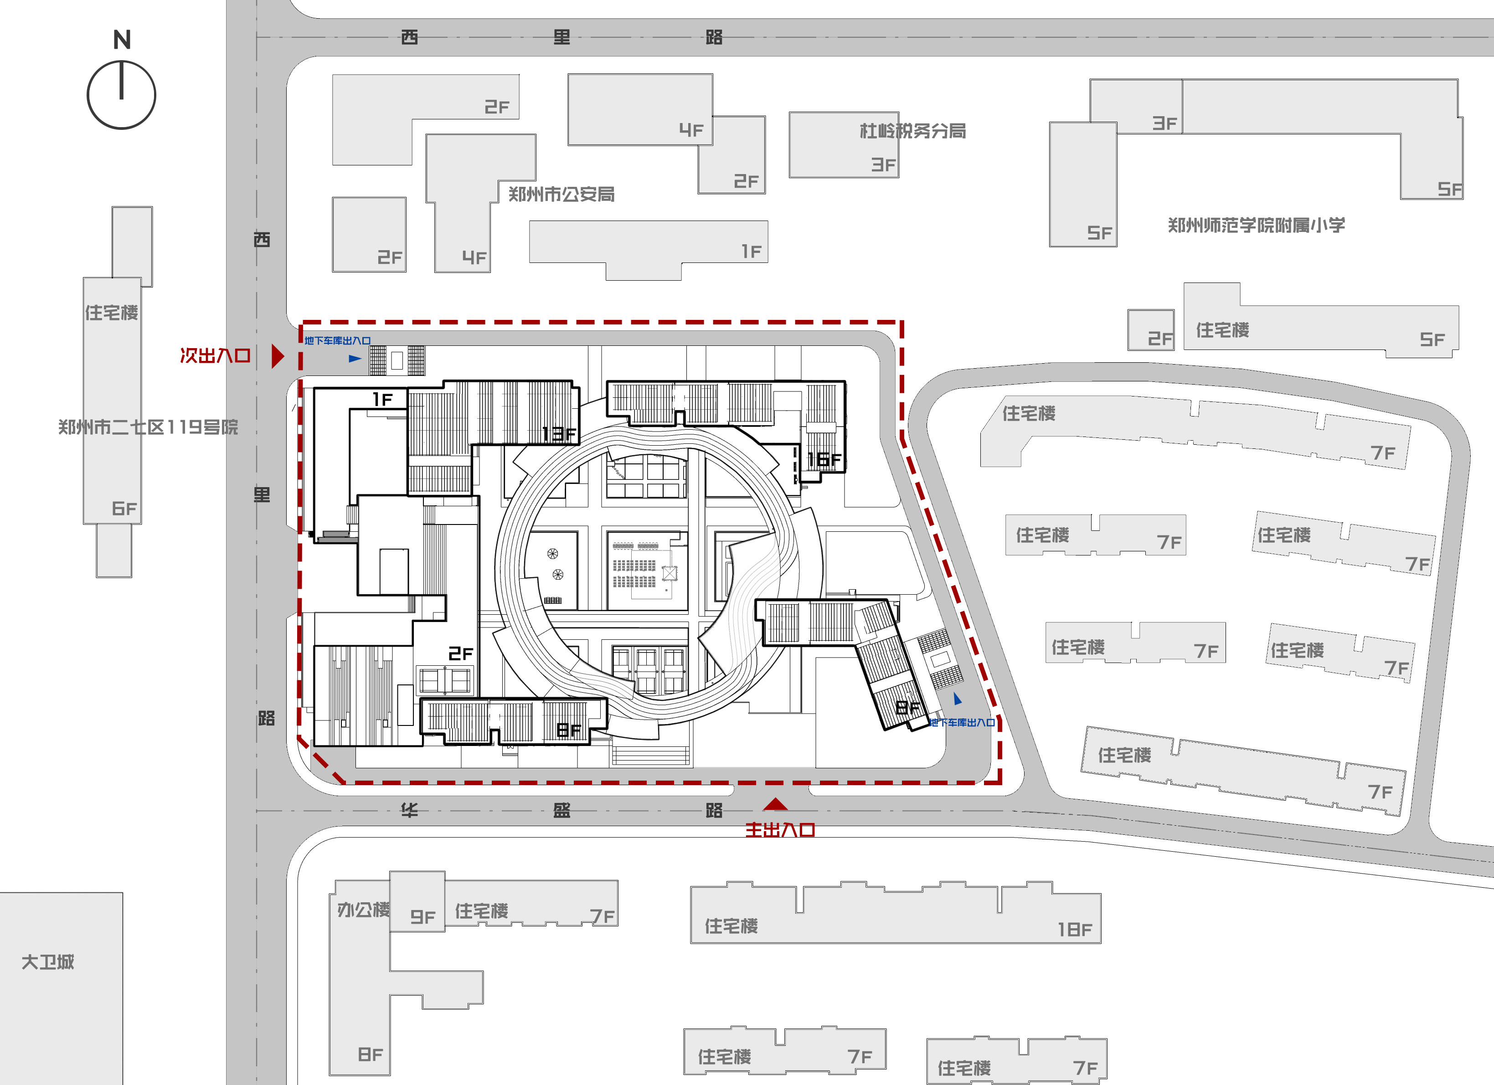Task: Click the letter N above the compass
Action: [x=122, y=40]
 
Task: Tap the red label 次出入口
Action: [x=216, y=356]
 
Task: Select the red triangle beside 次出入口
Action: [x=277, y=356]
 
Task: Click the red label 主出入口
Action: [x=780, y=830]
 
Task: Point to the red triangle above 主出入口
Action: [x=775, y=804]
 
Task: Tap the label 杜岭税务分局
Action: [x=913, y=131]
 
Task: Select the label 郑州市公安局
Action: [x=561, y=194]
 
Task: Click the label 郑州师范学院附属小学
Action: [x=1256, y=225]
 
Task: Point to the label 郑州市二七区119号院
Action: [x=148, y=427]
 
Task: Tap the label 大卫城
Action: [x=48, y=962]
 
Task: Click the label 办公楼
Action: [x=364, y=910]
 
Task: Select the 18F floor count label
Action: [x=1075, y=930]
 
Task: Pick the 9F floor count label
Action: [x=423, y=917]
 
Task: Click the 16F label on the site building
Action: [x=825, y=459]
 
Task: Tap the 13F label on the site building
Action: [x=559, y=434]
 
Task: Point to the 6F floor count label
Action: [x=124, y=509]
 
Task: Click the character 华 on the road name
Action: [x=410, y=810]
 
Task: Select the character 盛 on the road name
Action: [x=562, y=810]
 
